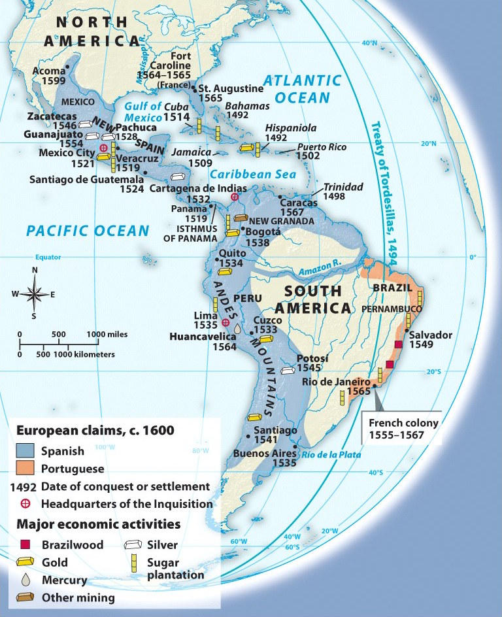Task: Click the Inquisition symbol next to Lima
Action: [226, 322]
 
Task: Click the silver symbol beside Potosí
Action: [287, 371]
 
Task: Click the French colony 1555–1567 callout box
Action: [403, 428]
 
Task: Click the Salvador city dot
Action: [407, 331]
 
